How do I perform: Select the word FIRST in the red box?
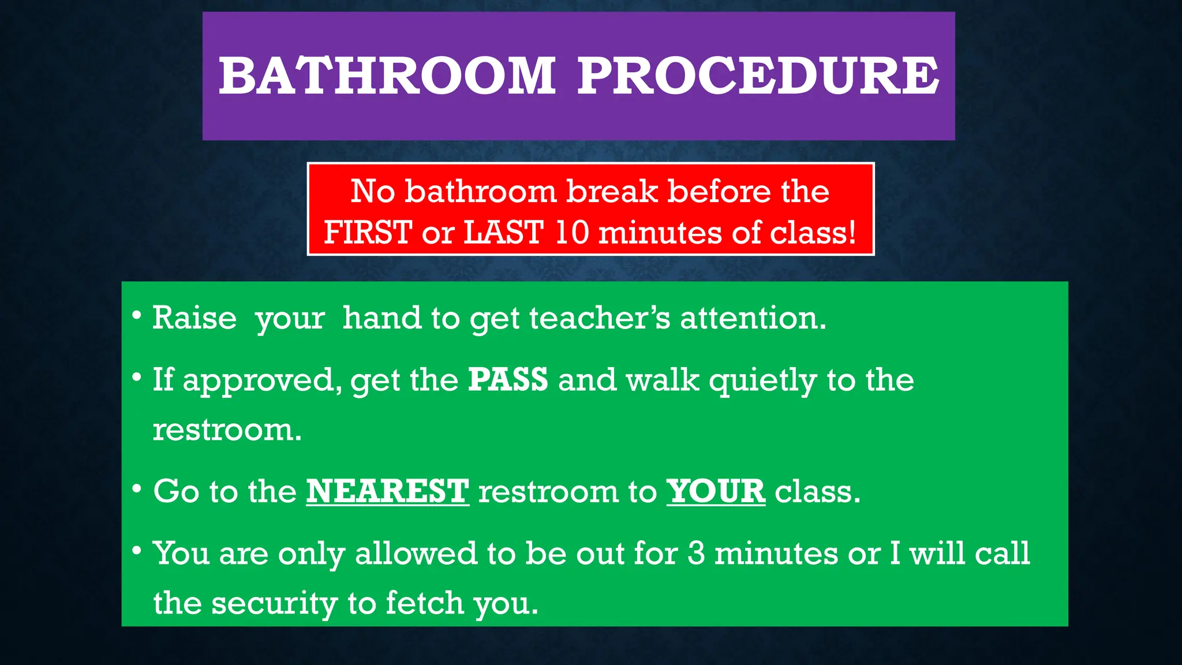point(368,233)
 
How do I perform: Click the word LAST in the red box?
point(503,233)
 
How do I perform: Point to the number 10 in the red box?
point(571,233)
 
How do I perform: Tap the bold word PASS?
point(507,380)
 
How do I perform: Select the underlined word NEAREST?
point(387,491)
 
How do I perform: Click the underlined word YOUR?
point(716,491)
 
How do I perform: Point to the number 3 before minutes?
point(696,553)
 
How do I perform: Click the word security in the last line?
point(274,603)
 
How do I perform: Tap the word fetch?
point(424,603)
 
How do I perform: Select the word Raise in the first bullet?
point(194,318)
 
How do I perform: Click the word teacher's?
point(600,318)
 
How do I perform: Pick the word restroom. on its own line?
point(227,430)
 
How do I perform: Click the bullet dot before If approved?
point(137,378)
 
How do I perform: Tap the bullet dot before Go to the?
point(137,490)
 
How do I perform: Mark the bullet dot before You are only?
point(137,551)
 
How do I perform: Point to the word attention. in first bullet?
point(753,318)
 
